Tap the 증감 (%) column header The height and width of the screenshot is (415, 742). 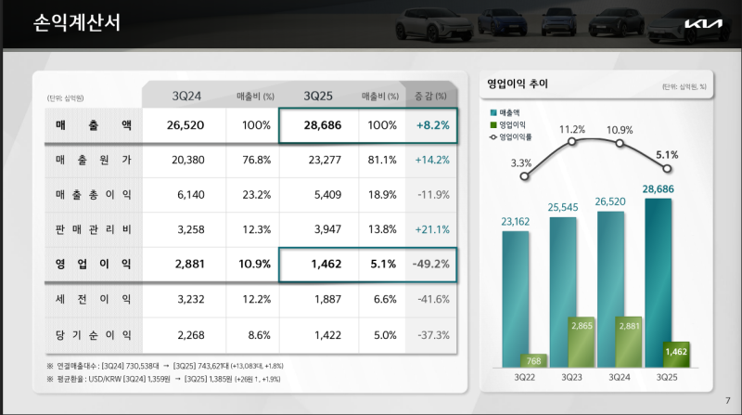pyautogui.click(x=432, y=96)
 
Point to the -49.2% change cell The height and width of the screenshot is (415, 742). pyautogui.click(x=432, y=264)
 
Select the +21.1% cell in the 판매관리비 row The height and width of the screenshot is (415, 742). pyautogui.click(x=432, y=228)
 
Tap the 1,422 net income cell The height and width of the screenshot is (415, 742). pyautogui.click(x=324, y=334)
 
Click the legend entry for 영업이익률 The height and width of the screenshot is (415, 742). pyautogui.click(x=516, y=136)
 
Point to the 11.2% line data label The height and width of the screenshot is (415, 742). pyautogui.click(x=571, y=130)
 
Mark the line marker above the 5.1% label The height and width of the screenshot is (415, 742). pyautogui.click(x=665, y=171)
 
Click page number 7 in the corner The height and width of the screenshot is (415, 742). pyautogui.click(x=726, y=400)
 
